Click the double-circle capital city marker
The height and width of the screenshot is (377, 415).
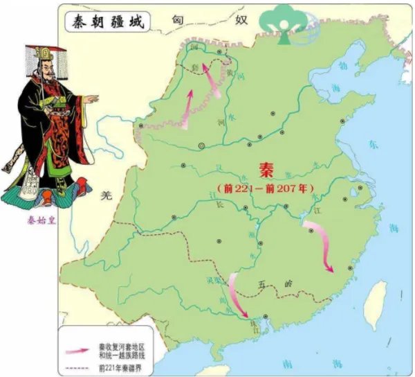pyautogui.click(x=201, y=146)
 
